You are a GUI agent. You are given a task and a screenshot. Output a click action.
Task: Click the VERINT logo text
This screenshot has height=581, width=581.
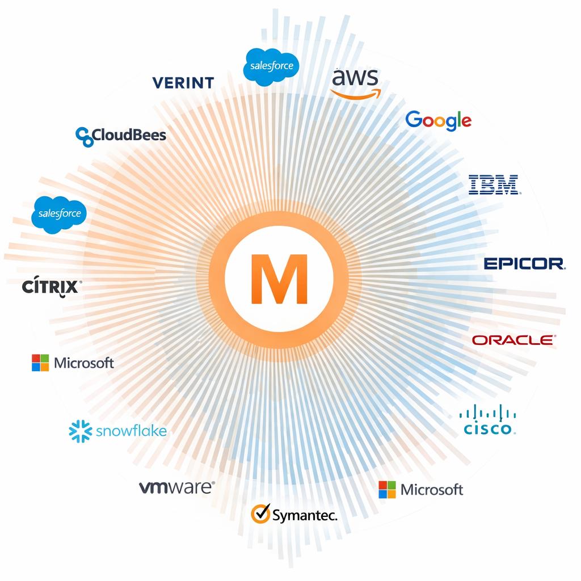(x=183, y=83)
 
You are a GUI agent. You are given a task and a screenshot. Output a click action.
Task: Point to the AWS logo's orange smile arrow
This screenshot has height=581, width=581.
(x=356, y=94)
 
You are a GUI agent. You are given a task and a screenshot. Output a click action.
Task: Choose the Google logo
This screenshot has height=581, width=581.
(x=439, y=120)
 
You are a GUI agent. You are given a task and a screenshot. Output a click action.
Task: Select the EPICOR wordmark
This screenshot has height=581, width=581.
(x=524, y=264)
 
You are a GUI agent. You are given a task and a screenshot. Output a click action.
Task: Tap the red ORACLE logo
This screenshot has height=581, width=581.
(x=513, y=340)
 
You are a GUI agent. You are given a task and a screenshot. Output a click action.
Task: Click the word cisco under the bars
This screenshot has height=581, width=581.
(x=488, y=428)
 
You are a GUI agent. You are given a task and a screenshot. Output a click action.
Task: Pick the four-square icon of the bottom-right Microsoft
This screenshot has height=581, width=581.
(x=387, y=490)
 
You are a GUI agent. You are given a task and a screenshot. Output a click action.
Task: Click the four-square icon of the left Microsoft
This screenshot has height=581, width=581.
(x=40, y=363)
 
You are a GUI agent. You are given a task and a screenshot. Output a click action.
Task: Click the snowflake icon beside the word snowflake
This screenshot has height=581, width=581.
(x=80, y=431)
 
